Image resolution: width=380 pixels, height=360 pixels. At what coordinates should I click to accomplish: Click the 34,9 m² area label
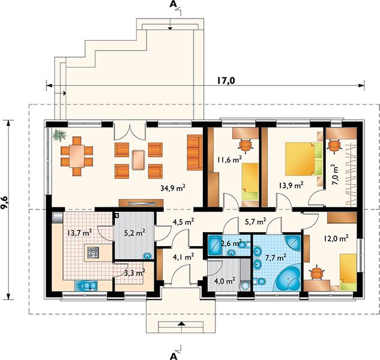point(173,188)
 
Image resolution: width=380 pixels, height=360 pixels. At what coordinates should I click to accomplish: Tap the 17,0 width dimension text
point(226,80)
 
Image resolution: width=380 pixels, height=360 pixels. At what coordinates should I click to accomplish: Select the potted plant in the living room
point(59,134)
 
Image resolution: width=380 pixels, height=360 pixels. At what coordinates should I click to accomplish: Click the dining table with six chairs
point(77,156)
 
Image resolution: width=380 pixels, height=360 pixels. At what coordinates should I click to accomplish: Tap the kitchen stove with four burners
point(93,253)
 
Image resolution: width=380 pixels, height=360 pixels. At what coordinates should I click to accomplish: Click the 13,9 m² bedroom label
point(291,186)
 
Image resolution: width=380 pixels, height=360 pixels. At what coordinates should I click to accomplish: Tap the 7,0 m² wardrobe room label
point(336,174)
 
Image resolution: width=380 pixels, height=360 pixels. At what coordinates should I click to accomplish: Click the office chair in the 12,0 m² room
point(316,273)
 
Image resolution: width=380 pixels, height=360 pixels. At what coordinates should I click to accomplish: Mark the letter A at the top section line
point(173,4)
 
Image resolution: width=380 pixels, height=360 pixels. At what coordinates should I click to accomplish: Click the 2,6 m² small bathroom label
point(231,242)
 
